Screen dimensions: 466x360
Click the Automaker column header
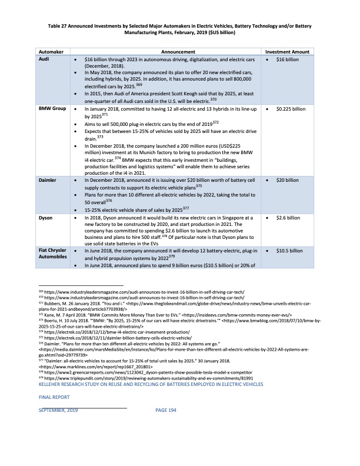tap(52, 52)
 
